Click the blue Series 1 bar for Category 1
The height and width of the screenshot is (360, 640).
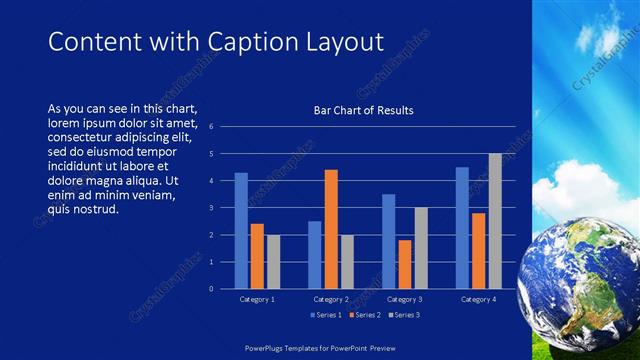click(x=241, y=231)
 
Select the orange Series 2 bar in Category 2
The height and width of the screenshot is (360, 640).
click(x=331, y=229)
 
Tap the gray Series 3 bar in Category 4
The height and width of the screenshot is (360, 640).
click(x=495, y=221)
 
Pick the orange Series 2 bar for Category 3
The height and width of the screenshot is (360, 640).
click(x=405, y=264)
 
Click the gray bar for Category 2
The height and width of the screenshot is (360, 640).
click(x=347, y=262)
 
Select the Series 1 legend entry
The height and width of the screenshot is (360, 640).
click(x=327, y=315)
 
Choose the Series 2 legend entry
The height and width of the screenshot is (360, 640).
click(x=364, y=315)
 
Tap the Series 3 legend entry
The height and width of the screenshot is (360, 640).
click(x=402, y=315)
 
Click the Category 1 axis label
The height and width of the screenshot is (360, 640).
click(x=257, y=299)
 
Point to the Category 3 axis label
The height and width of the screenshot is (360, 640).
click(x=405, y=299)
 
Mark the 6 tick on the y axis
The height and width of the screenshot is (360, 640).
click(x=211, y=127)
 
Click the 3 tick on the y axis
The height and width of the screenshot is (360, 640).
click(x=211, y=208)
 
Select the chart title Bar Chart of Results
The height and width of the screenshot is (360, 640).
click(x=357, y=110)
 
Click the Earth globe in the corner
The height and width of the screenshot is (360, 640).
click(x=580, y=290)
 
